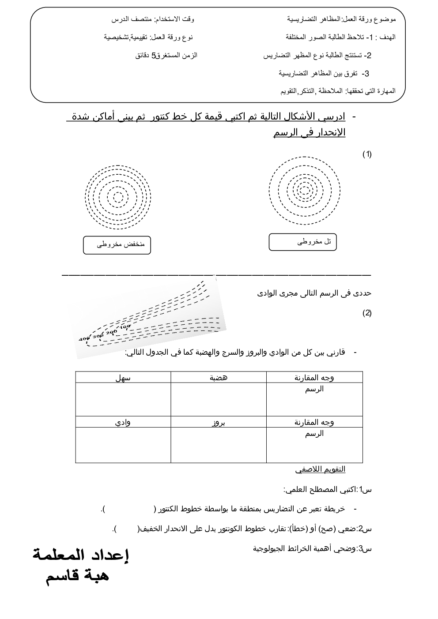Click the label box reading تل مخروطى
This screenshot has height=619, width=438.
303,242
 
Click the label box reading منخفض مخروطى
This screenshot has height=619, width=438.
117,245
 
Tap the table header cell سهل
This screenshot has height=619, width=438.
123,378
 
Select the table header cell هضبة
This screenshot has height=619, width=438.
219,378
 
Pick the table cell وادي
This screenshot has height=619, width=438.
123,422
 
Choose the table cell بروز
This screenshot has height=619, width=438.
219,422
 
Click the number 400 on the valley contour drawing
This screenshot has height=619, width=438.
84,339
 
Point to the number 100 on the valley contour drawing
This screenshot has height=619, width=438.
125,327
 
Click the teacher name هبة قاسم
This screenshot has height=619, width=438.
78,576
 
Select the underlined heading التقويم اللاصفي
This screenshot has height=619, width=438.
320,469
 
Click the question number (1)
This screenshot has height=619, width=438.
367,154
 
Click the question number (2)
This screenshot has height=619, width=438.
367,313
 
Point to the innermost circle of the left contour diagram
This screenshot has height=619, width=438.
118,197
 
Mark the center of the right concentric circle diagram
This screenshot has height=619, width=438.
304,191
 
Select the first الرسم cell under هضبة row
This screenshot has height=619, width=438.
314,389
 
